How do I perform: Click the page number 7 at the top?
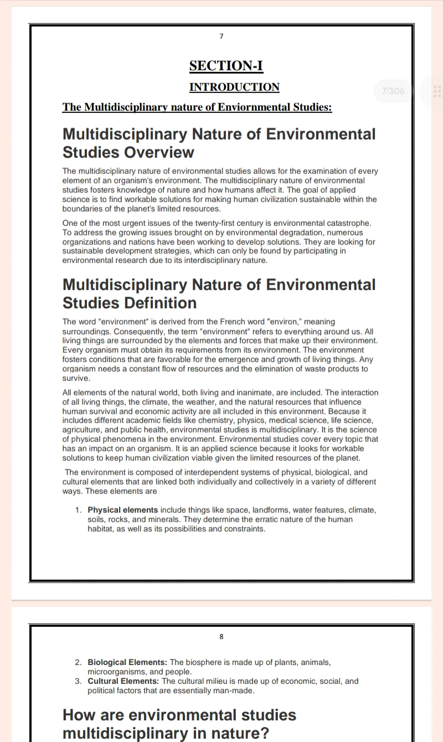coord(221,37)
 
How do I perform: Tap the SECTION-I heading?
coord(226,66)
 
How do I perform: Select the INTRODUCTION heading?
coord(234,87)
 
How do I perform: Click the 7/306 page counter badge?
coord(393,91)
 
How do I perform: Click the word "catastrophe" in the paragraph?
coord(347,223)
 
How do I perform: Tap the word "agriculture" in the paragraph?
coord(82,430)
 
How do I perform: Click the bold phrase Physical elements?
coord(122,509)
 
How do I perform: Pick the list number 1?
coord(78,509)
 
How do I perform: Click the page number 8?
coord(221,637)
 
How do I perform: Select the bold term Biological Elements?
coord(127,662)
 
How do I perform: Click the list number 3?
coord(78,681)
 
